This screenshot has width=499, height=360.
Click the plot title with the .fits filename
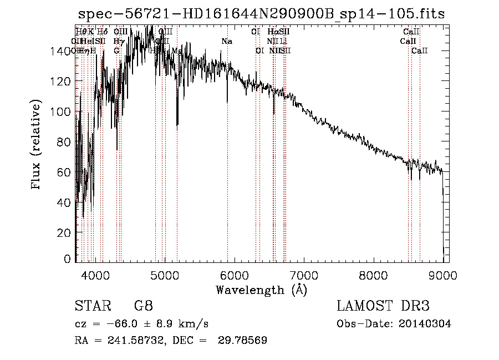click(x=261, y=14)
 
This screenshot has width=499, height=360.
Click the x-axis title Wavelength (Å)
click(x=261, y=290)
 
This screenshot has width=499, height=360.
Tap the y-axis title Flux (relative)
click(x=37, y=145)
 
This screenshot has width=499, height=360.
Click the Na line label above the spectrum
click(x=226, y=41)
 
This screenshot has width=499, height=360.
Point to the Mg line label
click(x=176, y=50)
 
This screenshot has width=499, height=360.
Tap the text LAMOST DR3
click(x=383, y=306)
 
